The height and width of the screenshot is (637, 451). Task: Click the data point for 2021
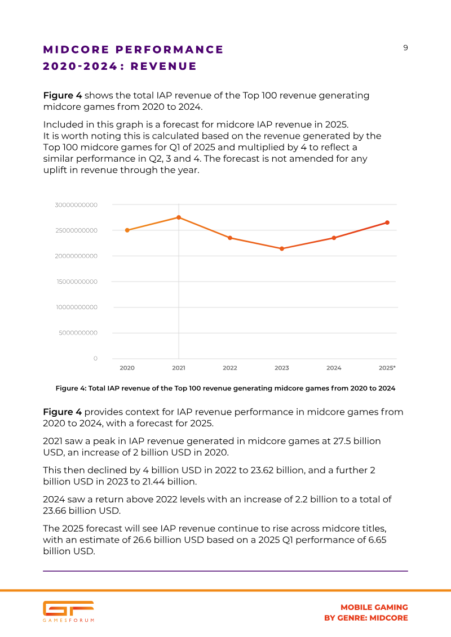[179, 217]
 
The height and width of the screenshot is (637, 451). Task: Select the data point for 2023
[282, 248]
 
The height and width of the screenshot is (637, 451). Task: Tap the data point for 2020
[127, 230]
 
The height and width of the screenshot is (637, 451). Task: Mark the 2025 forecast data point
[387, 222]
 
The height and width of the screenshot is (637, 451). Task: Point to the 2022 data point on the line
[230, 238]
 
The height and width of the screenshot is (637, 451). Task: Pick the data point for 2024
[334, 238]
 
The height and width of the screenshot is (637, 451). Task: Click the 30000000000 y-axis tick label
[76, 205]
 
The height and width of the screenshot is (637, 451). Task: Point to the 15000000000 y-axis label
[77, 282]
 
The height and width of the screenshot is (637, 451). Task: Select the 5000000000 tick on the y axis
[78, 333]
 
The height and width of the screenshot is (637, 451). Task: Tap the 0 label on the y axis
[96, 358]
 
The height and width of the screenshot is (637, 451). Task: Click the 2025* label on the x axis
[387, 368]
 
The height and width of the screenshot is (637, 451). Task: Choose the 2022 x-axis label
[230, 368]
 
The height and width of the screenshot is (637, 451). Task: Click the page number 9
[405, 48]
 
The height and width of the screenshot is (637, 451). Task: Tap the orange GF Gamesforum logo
[68, 612]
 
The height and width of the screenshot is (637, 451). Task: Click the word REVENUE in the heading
[163, 66]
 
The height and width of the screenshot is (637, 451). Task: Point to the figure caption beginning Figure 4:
[225, 389]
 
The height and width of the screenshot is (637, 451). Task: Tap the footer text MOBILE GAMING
[374, 607]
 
